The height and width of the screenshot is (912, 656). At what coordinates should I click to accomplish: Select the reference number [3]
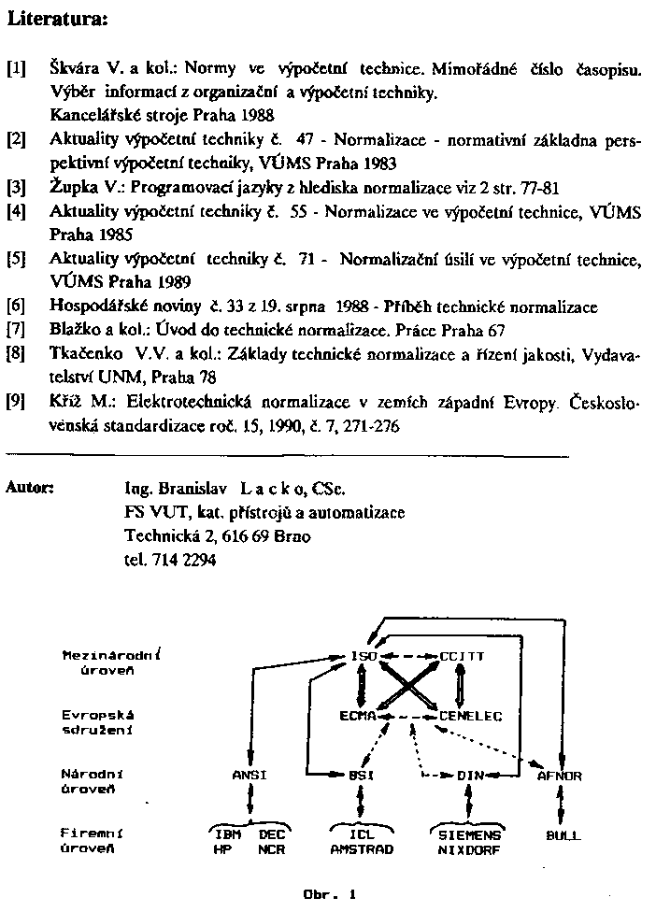(15, 186)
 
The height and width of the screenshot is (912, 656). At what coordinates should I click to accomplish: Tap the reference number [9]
(15, 402)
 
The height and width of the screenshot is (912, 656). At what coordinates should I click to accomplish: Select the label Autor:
(30, 487)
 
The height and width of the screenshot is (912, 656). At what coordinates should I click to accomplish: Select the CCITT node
(462, 656)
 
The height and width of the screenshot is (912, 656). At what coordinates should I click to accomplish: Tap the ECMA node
(357, 716)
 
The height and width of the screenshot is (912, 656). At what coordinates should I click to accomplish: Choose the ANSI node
(250, 776)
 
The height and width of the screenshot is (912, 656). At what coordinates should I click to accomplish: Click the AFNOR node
(560, 776)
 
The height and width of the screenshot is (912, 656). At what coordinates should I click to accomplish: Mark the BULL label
(562, 835)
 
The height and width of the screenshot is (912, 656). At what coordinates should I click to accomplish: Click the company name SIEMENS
(469, 835)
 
